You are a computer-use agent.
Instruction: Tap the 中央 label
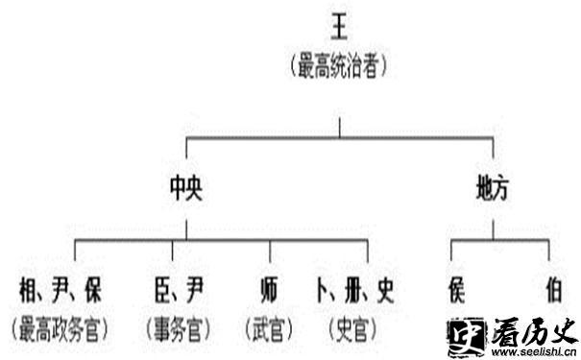tap(186, 189)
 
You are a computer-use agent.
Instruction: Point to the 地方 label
tap(493, 189)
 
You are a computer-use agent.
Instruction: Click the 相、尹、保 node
tap(60, 289)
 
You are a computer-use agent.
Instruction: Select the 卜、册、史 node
tap(353, 289)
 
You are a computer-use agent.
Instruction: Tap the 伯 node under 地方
tap(552, 289)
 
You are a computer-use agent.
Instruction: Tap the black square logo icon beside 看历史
tap(466, 336)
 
